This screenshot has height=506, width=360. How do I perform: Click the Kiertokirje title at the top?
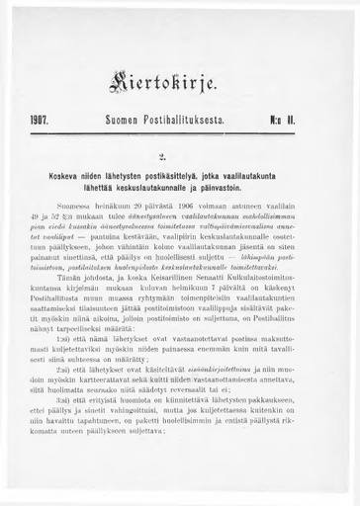(x=179, y=72)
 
